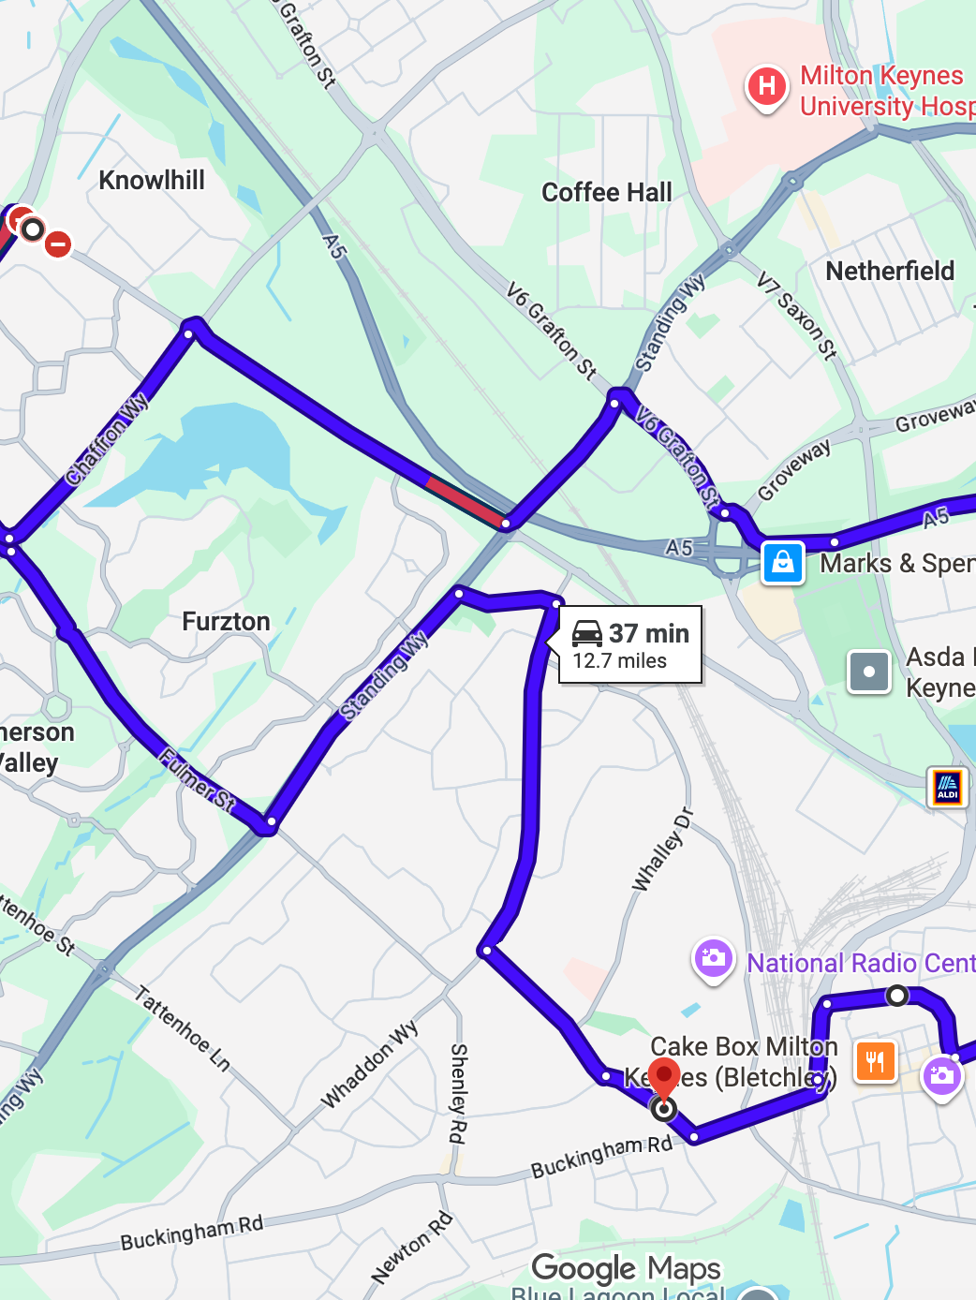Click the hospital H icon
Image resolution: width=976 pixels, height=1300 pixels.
coord(766,87)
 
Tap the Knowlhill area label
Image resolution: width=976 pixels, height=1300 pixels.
coord(152,180)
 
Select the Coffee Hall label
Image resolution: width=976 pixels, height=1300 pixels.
coord(607,193)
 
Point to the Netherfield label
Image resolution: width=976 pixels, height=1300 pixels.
coord(890,272)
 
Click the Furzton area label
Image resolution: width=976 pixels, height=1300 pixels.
coord(226,622)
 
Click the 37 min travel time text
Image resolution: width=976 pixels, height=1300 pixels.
coord(649,634)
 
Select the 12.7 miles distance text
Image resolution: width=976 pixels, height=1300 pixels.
coord(620,661)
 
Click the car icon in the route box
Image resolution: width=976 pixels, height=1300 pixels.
coord(587,634)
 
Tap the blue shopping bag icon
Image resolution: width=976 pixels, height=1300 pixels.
coord(783,563)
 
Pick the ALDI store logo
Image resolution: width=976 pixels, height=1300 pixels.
coord(947,787)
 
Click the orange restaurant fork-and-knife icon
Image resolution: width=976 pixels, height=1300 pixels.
coord(876,1061)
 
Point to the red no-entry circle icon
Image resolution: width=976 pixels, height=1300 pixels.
coord(58,244)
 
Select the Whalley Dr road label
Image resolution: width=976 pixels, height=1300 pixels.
coord(662,849)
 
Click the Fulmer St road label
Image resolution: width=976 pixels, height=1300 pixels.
coord(197,778)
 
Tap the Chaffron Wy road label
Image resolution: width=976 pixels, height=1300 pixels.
coord(107,438)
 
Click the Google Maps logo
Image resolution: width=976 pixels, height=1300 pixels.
coord(626,1268)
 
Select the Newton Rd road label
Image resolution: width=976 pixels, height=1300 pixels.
coord(412,1248)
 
